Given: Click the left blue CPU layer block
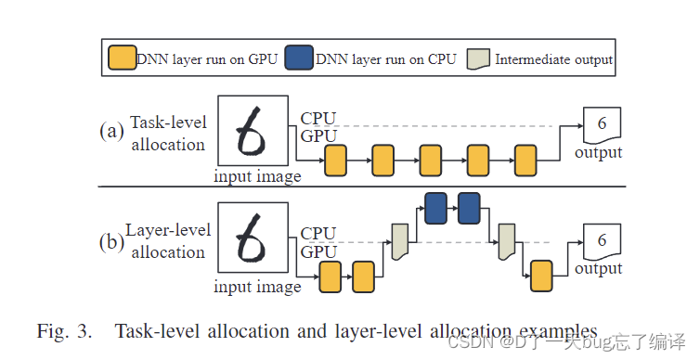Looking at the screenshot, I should tap(435, 207).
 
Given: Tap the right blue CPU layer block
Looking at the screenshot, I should tap(470, 207).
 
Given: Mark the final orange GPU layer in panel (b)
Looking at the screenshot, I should tap(542, 276).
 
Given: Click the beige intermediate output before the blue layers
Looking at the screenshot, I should tap(401, 242).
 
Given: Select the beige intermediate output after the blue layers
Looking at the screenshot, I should tap(507, 242).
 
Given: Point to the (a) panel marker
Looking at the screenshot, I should tap(111, 131).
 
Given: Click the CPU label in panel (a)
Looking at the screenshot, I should tap(318, 119).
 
